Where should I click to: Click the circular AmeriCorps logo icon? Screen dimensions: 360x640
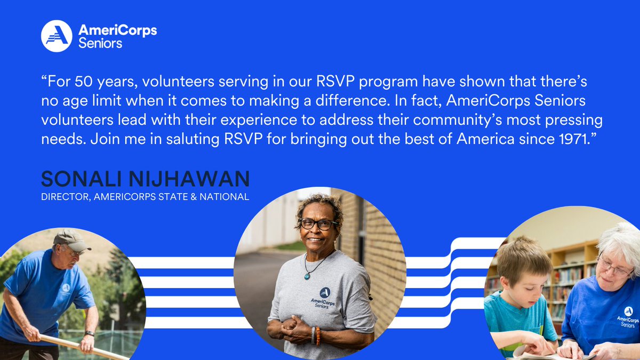[56, 36]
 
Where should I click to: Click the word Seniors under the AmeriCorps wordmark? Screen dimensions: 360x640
[100, 43]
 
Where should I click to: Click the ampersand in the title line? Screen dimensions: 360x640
[205, 197]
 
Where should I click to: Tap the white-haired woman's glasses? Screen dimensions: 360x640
[614, 267]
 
